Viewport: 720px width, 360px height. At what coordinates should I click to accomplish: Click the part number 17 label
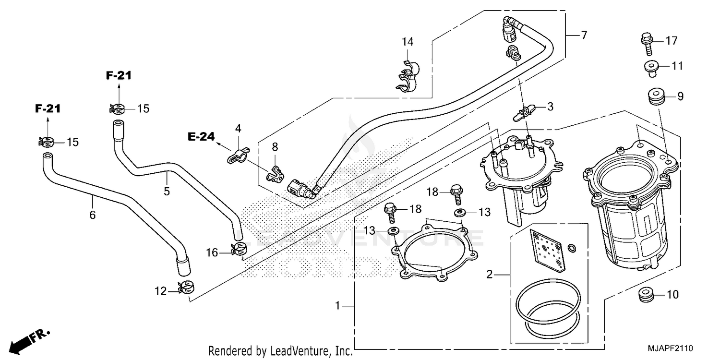tap(672, 41)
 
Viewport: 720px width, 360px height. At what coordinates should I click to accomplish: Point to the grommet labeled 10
tap(646, 295)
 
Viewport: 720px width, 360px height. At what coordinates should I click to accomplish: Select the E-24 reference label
tap(201, 137)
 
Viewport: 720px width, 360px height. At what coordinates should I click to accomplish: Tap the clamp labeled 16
tap(239, 249)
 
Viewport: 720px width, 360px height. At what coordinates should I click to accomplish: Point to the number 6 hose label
tap(92, 215)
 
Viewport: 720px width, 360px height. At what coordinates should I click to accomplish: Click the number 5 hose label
tap(167, 192)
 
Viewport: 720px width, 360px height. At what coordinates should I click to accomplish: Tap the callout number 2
tap(489, 275)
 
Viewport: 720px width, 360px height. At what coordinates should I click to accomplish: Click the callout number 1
tap(338, 305)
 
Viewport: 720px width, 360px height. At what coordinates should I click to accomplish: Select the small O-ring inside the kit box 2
tap(572, 248)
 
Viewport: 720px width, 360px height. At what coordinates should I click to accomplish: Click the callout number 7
tap(584, 35)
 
